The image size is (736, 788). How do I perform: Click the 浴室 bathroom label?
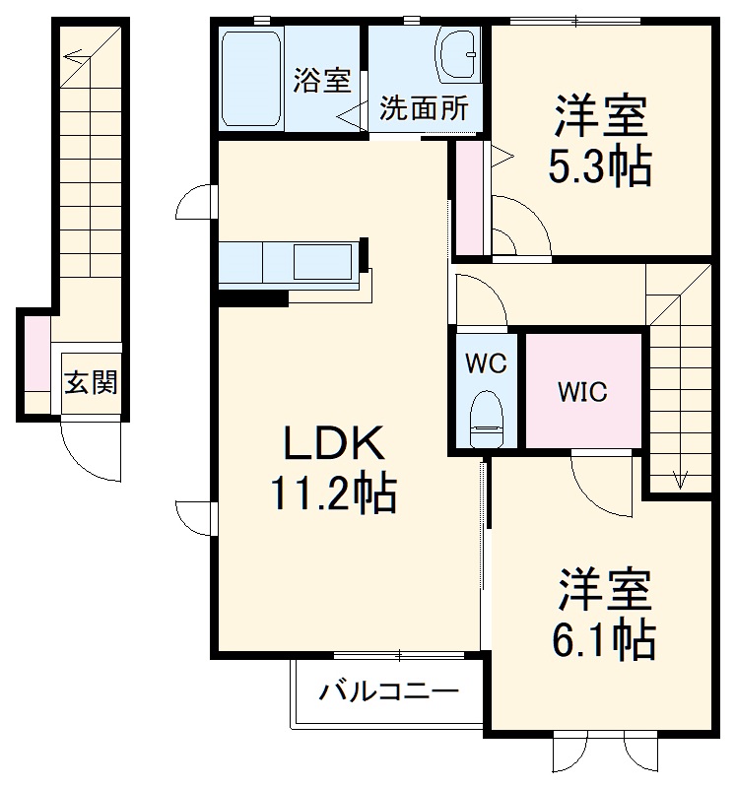(x=321, y=81)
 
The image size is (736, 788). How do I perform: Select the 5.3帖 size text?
(x=600, y=167)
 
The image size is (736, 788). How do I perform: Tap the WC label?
(x=485, y=362)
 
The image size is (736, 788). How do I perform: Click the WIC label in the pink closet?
(x=583, y=391)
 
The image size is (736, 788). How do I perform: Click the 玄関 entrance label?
(x=91, y=382)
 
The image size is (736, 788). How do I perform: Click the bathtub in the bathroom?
(x=252, y=79)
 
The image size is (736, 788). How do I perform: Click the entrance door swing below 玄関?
(x=89, y=448)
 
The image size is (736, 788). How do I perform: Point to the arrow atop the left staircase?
(x=75, y=56)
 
